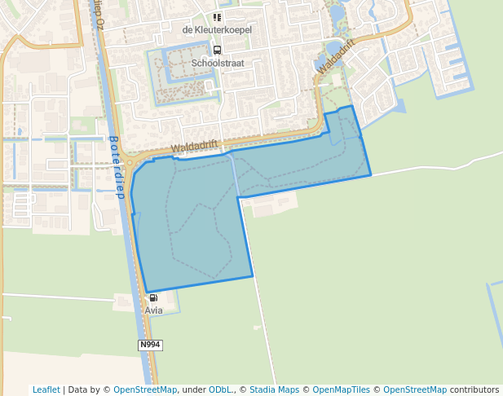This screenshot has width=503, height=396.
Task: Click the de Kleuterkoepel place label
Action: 217,30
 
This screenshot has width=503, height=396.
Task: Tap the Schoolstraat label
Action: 217,63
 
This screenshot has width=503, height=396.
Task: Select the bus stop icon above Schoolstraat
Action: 217,50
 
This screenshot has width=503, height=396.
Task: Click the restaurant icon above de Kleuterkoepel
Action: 217,17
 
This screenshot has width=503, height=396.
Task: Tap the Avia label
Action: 153,310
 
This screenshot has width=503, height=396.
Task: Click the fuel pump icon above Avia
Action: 153,298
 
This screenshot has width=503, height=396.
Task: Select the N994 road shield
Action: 150,345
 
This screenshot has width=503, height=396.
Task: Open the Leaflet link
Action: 46,390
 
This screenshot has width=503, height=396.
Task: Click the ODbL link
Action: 220,390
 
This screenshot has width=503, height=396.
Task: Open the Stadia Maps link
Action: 274,390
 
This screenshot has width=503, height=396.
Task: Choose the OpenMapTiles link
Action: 342,390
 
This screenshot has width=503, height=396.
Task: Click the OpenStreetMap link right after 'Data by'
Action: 145,390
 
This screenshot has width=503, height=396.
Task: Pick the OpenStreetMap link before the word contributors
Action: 415,390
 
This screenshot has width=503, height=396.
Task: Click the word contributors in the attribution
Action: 474,390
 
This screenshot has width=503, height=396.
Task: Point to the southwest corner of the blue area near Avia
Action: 147,292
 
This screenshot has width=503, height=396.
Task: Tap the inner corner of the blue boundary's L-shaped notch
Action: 238,198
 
